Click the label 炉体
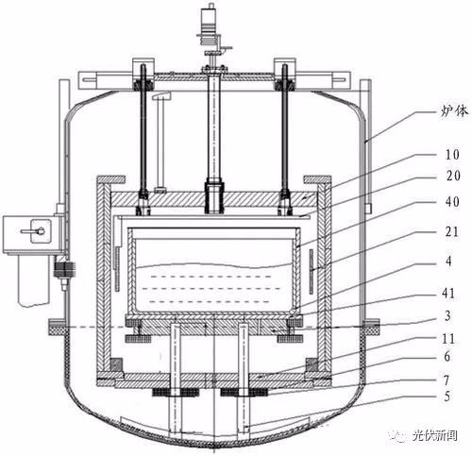click(454, 110)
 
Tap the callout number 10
click(452, 154)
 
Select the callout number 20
click(453, 176)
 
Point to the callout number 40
click(452, 201)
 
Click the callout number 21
click(452, 231)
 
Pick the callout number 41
click(448, 293)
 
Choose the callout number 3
click(447, 315)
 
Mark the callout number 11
click(448, 339)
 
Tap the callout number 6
click(447, 356)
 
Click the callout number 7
click(447, 380)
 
